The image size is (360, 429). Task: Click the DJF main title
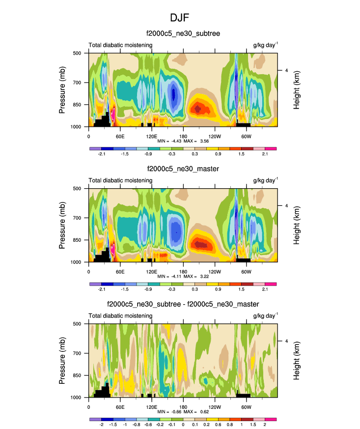tap(180, 18)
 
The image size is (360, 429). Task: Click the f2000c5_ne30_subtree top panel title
tap(183, 33)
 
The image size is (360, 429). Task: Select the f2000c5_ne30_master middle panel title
tap(183, 169)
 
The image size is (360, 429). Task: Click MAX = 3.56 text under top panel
tap(200, 141)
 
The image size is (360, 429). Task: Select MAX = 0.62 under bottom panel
tap(200, 412)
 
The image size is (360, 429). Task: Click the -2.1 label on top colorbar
tap(102, 154)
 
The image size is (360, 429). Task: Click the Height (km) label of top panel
tap(297, 89)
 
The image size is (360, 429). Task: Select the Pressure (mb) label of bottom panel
tap(62, 360)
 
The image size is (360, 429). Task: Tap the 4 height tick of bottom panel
tap(286, 341)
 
